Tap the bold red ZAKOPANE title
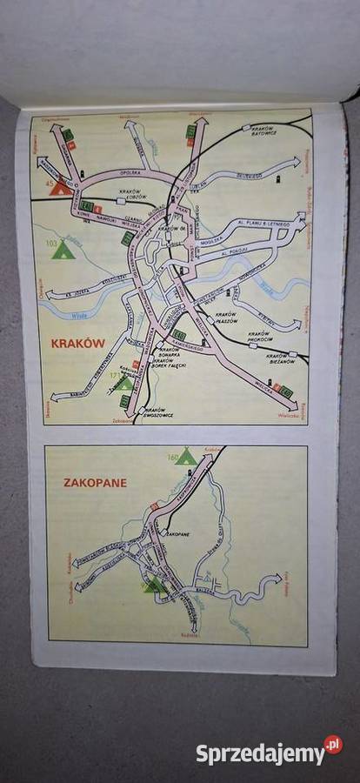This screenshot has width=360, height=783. point(95,482)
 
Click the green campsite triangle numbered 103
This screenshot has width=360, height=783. point(62,251)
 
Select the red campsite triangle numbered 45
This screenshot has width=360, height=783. point(60,186)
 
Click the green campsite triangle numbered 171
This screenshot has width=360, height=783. point(124,382)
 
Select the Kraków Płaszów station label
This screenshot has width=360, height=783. point(225,317)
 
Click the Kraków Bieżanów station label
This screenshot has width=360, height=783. point(277,358)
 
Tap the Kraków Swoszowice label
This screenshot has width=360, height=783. point(159,412)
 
